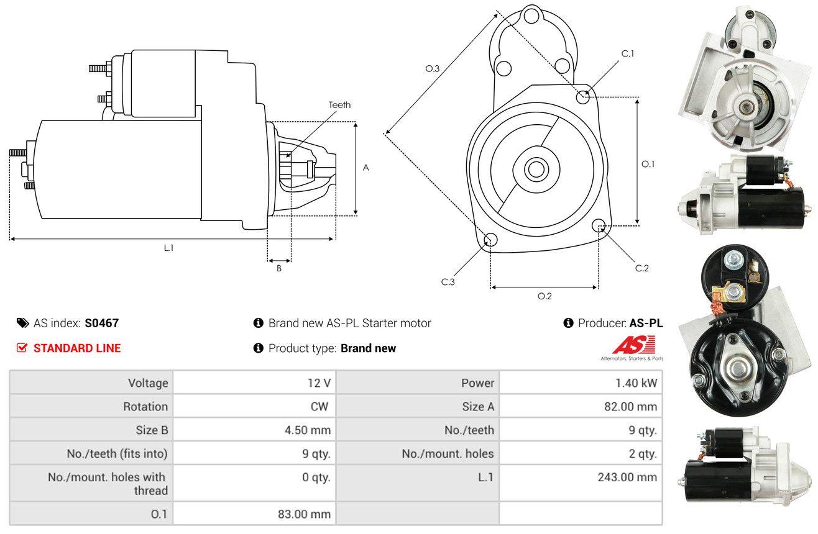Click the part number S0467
point(101,323)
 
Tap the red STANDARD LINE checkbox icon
point(22,348)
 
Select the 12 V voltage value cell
point(254,383)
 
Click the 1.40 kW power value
point(636,383)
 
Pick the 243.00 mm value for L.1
point(627,477)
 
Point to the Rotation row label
point(145,406)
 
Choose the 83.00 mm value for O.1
point(304,514)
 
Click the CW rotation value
point(319,406)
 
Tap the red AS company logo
point(634,345)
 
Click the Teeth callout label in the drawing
point(339,105)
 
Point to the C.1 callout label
point(628,54)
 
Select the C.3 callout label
point(448,282)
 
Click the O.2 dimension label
point(545,296)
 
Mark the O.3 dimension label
point(433,68)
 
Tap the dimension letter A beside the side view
point(366,168)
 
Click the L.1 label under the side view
point(168,248)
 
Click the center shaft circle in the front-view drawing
point(536,170)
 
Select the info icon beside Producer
point(568,323)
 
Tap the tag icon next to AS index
point(22,323)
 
